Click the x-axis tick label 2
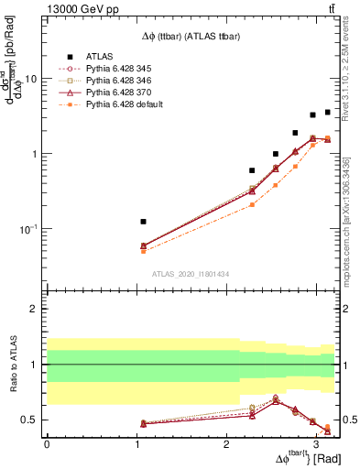(x=226, y=442)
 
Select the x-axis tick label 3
(x=316, y=442)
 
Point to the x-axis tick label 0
(x=47, y=442)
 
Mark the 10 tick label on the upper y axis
(x=31, y=79)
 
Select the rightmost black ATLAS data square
(x=328, y=112)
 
